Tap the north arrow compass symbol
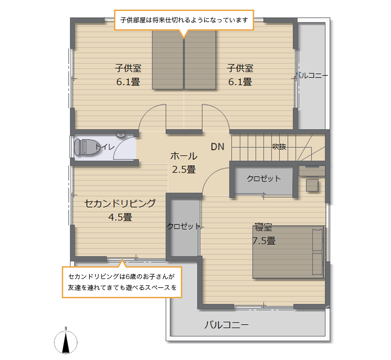pyautogui.click(x=66, y=341)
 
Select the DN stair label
pyautogui.click(x=217, y=147)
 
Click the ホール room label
pyautogui.click(x=184, y=156)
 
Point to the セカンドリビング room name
pyautogui.click(x=120, y=204)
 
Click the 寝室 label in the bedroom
pyautogui.click(x=263, y=227)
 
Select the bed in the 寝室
pyautogui.click(x=289, y=252)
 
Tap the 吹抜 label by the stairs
pyautogui.click(x=279, y=146)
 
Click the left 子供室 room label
pyautogui.click(x=128, y=68)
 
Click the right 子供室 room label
pyautogui.click(x=240, y=68)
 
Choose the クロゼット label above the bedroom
pyautogui.click(x=264, y=178)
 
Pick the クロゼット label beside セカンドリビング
pyautogui.click(x=184, y=226)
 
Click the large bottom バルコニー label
pyautogui.click(x=227, y=325)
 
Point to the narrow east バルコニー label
pyautogui.click(x=312, y=75)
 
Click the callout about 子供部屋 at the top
pyautogui.click(x=184, y=20)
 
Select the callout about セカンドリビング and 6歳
pyautogui.click(x=122, y=282)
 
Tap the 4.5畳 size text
pyautogui.click(x=120, y=217)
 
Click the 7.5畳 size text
pyautogui.click(x=264, y=241)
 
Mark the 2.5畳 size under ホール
pyautogui.click(x=184, y=169)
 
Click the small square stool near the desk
pyautogui.click(x=312, y=185)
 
